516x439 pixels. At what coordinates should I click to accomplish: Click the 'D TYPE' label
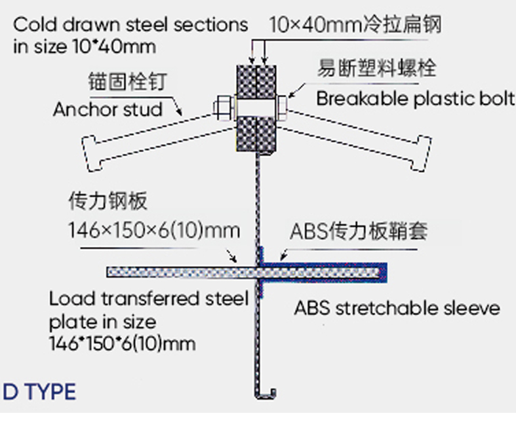[x=39, y=392]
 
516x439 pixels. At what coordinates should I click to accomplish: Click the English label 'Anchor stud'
[x=108, y=109]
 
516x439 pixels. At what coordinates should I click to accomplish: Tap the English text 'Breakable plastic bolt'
[x=416, y=98]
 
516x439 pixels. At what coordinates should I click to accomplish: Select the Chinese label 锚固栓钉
[x=128, y=81]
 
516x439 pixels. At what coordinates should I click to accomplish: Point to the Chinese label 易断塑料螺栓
[x=377, y=68]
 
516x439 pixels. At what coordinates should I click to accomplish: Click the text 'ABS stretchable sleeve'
[x=397, y=308]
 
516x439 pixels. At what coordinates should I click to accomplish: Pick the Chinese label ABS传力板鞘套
[x=359, y=231]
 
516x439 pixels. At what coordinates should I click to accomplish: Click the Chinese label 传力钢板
[x=108, y=200]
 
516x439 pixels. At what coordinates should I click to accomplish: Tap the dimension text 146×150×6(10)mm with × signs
[x=154, y=230]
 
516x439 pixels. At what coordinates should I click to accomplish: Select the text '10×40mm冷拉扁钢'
[x=355, y=25]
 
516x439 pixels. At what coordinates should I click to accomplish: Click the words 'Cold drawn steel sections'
[x=130, y=25]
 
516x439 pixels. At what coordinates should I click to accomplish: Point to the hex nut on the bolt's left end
[x=224, y=107]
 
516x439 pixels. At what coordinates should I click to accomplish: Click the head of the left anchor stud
[x=91, y=153]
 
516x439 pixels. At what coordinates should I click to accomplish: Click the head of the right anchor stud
[x=422, y=153]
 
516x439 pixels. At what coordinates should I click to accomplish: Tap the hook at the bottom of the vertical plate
[x=266, y=394]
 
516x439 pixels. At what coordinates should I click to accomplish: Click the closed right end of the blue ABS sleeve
[x=383, y=273]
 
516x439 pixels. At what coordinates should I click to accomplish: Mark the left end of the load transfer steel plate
[x=108, y=273]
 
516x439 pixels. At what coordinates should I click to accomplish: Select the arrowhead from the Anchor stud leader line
[x=180, y=113]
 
